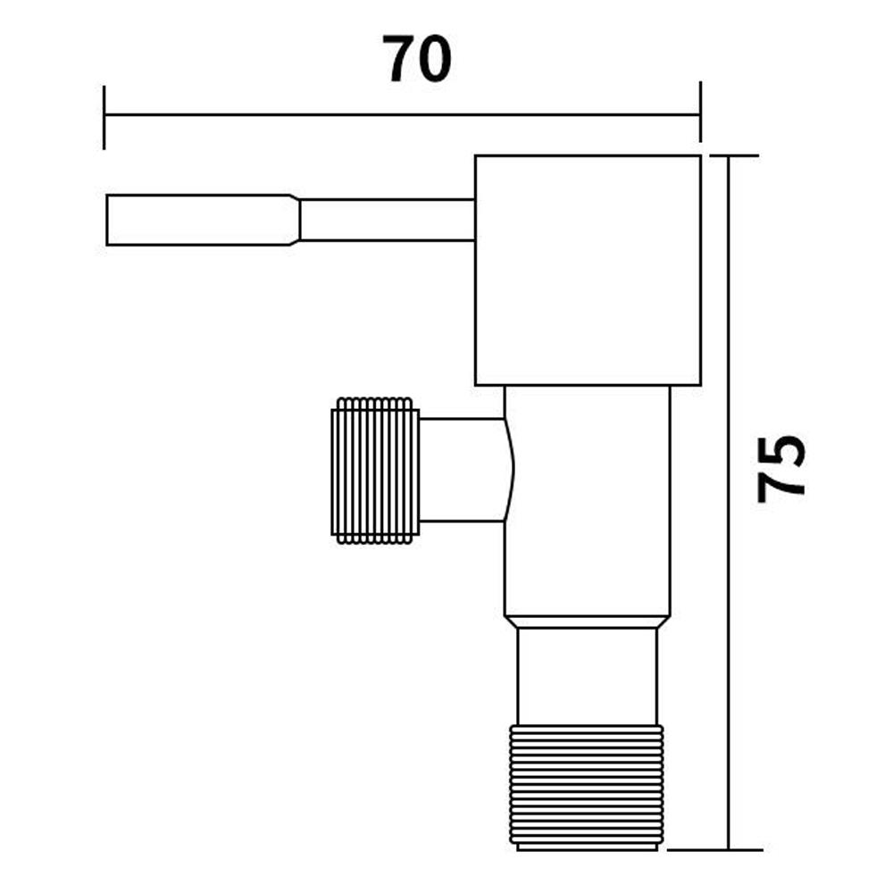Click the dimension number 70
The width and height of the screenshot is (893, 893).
[x=418, y=60]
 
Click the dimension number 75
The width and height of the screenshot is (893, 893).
[x=781, y=469]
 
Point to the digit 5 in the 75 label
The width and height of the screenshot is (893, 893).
[x=781, y=453]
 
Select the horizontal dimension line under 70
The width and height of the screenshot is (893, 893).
[x=402, y=114]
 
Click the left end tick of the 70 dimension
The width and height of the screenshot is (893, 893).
[x=104, y=117]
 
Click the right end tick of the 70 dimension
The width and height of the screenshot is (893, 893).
[x=700, y=113]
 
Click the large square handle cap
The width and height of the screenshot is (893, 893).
[x=587, y=271]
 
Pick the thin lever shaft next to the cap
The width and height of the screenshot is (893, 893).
[x=386, y=220]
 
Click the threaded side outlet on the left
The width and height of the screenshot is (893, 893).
[x=375, y=471]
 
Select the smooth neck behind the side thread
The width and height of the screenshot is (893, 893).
[x=463, y=470]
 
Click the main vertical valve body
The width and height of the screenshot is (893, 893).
[x=587, y=500]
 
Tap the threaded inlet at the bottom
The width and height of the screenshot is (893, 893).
[x=586, y=786]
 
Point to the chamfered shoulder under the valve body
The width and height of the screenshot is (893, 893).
[x=586, y=621]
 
